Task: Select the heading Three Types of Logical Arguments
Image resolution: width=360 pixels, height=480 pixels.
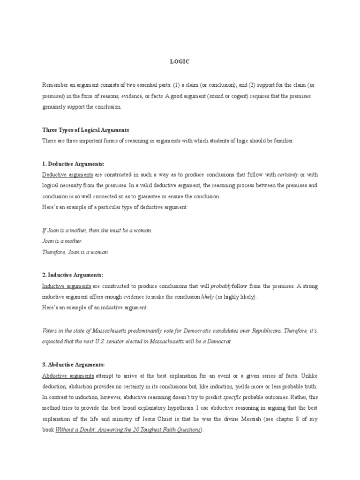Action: [x=85, y=130]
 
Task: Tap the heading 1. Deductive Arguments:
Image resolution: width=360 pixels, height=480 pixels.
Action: [x=73, y=163]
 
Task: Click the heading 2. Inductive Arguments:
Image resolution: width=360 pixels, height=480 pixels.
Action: [x=72, y=275]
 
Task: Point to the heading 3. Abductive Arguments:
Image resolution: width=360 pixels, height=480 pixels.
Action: [x=73, y=364]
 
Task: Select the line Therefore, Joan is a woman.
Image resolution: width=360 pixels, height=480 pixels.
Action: [x=75, y=252]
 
